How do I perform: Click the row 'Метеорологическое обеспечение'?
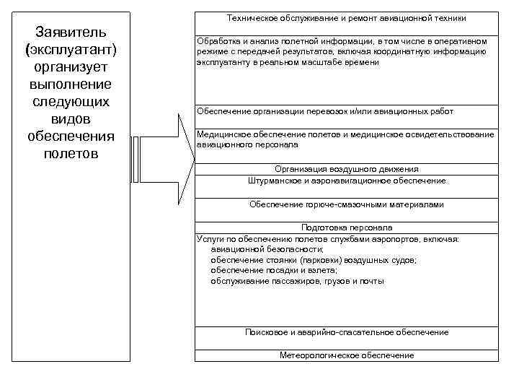tap(346, 355)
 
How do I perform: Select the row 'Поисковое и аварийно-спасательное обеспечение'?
tap(346, 332)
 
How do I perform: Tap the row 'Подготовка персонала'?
tap(346, 227)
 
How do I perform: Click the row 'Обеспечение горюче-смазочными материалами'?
tap(346, 204)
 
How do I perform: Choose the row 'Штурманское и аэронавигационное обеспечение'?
tap(346, 181)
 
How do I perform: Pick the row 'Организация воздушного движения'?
tap(346, 169)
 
